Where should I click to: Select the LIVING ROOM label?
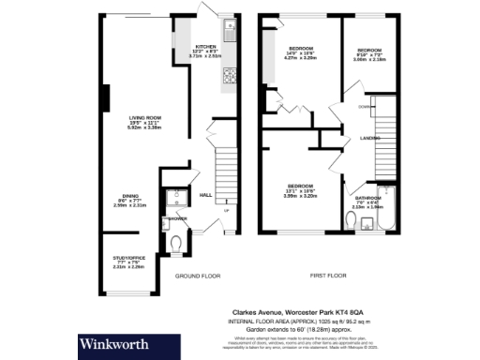click(144, 118)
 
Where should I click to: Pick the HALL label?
click(206, 195)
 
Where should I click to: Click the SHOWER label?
click(176, 219)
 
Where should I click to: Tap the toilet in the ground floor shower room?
click(177, 245)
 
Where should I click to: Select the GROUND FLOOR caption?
click(197, 277)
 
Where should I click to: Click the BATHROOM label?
click(367, 199)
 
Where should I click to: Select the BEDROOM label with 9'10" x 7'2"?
click(367, 50)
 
